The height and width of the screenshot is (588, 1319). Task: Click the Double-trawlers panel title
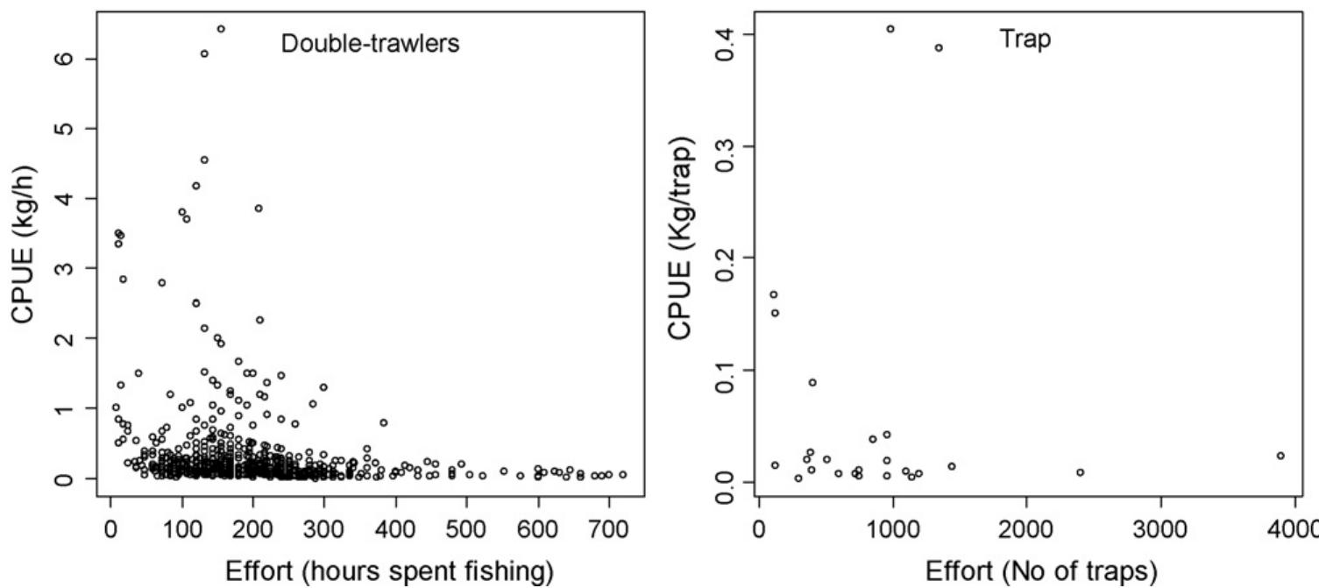[x=370, y=44]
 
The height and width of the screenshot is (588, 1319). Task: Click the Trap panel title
[x=1025, y=39]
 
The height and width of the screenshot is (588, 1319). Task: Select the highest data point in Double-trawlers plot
[x=221, y=29]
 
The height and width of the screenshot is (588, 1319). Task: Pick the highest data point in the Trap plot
[x=890, y=29]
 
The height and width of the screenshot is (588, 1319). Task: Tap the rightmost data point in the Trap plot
[x=1280, y=456]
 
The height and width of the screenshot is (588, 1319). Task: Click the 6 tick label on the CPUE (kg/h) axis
[x=65, y=59]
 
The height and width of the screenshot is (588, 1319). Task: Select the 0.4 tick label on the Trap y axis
[x=727, y=35]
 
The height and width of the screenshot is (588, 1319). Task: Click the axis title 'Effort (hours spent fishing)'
[x=389, y=571]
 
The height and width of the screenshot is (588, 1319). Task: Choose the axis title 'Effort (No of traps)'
[x=1041, y=571]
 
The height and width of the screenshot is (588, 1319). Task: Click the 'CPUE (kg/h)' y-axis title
[x=24, y=244]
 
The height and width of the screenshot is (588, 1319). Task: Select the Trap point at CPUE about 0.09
[x=812, y=382]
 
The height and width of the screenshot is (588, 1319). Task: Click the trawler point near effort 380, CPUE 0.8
[x=384, y=422]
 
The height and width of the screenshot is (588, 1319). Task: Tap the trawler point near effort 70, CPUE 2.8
[x=162, y=282]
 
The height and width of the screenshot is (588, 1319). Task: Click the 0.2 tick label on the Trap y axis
[x=727, y=258]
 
